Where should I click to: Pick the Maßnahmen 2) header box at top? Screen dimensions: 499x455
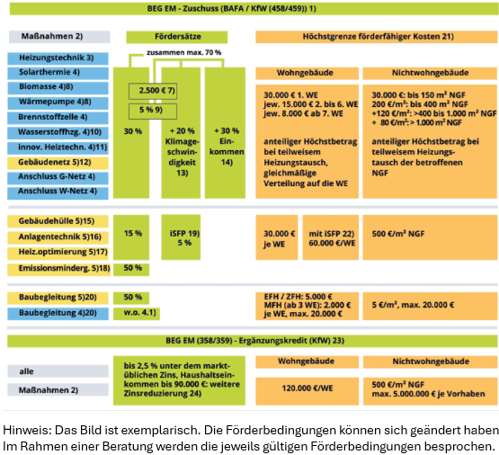click(58, 37)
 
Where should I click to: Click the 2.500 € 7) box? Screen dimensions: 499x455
click(157, 92)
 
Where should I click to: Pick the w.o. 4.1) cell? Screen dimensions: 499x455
click(131, 312)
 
